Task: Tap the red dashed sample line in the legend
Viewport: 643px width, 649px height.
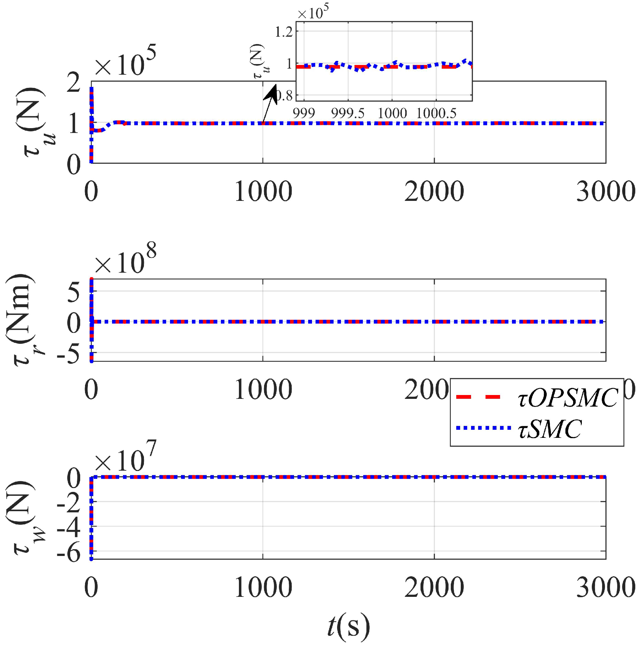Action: click(x=478, y=397)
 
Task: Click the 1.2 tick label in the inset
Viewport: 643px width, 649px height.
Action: click(x=284, y=32)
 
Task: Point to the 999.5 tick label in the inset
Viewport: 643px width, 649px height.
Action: click(x=348, y=114)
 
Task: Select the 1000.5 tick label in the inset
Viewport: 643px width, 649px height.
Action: click(x=436, y=114)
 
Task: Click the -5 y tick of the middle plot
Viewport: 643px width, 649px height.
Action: click(x=69, y=353)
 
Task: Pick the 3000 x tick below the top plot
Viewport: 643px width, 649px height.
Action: click(x=606, y=192)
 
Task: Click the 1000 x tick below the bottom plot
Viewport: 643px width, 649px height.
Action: click(x=263, y=588)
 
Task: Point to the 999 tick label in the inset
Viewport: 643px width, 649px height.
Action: click(x=304, y=114)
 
